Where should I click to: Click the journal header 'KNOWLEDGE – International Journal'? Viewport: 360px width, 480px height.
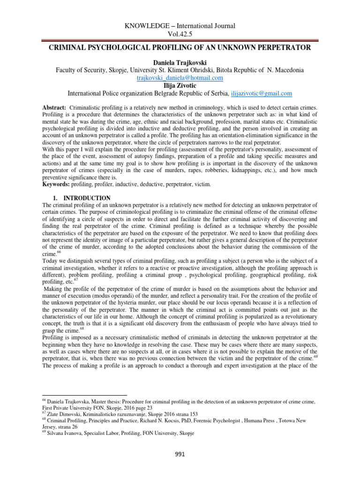coord(180,26)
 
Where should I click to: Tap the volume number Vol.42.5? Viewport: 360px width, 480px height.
coord(180,34)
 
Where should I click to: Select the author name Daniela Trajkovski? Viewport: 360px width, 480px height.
coord(180,62)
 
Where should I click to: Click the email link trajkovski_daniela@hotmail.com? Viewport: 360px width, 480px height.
coord(180,77)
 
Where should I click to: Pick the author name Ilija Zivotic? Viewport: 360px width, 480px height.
coord(180,85)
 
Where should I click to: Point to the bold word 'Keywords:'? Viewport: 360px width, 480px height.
coord(56,185)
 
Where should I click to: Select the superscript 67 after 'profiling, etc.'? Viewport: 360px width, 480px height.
coord(75,280)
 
